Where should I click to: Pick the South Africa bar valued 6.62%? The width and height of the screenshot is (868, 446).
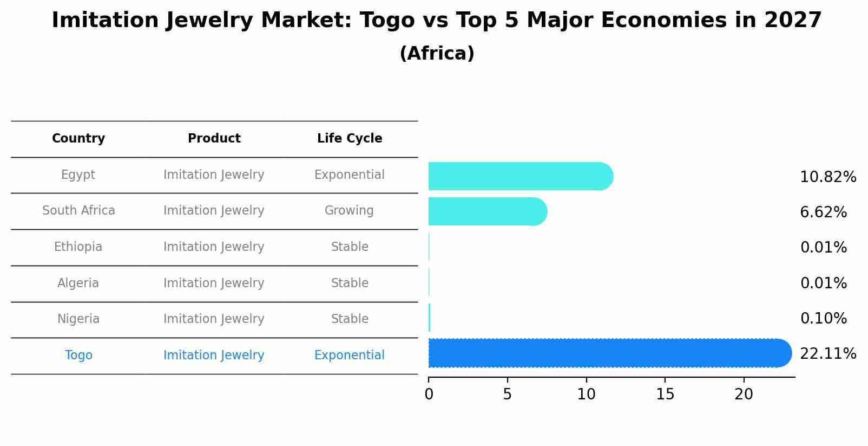tap(487, 211)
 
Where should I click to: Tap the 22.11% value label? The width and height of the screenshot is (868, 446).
tap(828, 354)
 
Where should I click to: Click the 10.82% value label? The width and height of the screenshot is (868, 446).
tap(828, 177)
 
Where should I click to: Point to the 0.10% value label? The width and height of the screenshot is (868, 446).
tap(823, 319)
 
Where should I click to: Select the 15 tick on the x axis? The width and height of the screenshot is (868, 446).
tap(665, 395)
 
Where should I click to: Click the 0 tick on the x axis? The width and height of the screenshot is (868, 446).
tap(429, 395)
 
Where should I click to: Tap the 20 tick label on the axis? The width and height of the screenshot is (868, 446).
tap(744, 395)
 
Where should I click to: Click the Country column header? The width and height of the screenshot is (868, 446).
tap(78, 139)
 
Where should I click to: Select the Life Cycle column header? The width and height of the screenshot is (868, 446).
tap(350, 139)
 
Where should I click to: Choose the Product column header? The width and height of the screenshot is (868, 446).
tap(214, 139)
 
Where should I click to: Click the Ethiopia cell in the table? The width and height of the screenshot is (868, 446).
tap(78, 247)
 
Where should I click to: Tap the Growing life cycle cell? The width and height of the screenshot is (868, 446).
tap(349, 211)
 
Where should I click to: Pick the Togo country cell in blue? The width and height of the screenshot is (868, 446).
tap(78, 355)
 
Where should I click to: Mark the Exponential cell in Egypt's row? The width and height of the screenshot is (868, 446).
tap(349, 175)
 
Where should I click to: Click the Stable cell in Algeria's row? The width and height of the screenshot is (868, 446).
tap(350, 283)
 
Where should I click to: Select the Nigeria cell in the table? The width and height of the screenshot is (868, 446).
tap(78, 319)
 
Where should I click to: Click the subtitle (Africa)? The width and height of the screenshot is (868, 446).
tap(437, 54)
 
